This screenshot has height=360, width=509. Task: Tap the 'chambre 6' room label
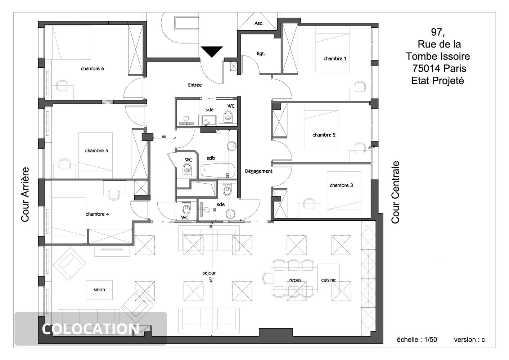coord(92,68)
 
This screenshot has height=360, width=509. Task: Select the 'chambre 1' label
coord(335,58)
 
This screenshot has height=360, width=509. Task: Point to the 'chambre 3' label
coord(341,185)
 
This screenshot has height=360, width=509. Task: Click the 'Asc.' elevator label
coord(259,23)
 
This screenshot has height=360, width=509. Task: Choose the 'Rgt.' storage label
coord(261,54)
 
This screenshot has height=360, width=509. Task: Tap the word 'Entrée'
coord(195,85)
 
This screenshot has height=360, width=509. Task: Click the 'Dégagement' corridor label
coord(258,171)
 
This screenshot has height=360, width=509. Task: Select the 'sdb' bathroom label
coord(211,158)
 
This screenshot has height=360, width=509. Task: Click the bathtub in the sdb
coord(217,170)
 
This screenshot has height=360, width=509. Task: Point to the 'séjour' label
coord(209,273)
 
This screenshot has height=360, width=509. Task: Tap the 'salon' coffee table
coord(99,290)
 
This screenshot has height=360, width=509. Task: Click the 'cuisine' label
coord(328,280)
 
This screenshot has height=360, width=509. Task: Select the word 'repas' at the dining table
coord(295,280)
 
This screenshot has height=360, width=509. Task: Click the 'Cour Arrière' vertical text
coord(25,194)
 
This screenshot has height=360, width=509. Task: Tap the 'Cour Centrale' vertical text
coord(395,192)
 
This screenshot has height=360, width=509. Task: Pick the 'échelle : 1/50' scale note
coord(417,339)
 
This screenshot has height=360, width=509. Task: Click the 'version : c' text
coord(469,339)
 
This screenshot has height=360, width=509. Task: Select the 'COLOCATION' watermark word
coord(90,329)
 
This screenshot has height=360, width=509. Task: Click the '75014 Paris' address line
coord(439,68)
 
